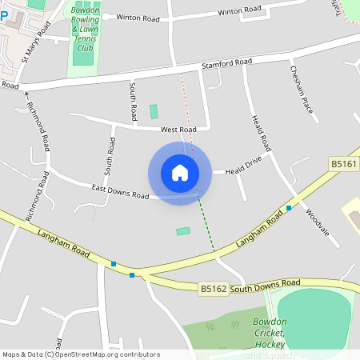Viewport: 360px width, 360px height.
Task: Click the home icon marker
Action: [180, 173]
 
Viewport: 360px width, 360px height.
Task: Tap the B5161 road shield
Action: [344, 164]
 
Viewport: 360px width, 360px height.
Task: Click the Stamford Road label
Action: [226, 62]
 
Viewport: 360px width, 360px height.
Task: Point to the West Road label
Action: [178, 130]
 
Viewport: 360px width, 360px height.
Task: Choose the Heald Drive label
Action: [243, 170]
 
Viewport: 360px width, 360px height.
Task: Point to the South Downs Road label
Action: [266, 283]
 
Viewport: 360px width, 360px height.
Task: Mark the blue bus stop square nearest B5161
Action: [289, 208]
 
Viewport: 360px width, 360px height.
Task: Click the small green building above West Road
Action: [154, 111]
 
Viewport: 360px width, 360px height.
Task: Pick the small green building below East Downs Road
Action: [183, 231]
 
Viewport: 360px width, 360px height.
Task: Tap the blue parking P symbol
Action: [4, 14]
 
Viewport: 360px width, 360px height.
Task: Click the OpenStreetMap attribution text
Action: [80, 354]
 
